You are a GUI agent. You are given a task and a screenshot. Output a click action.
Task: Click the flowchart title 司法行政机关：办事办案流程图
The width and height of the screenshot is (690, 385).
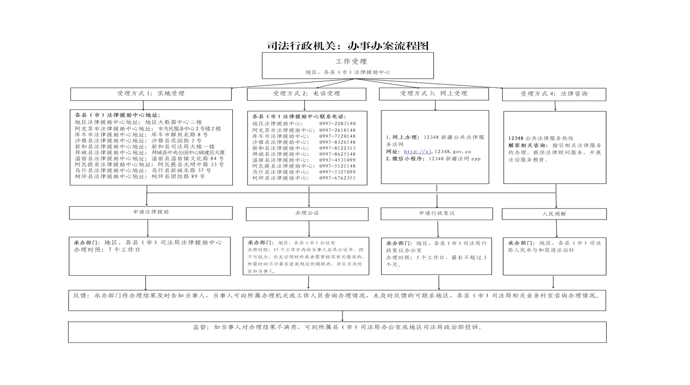pyautogui.click(x=348, y=46)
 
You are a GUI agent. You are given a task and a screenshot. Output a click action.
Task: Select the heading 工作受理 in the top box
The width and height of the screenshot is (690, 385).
pyautogui.click(x=351, y=62)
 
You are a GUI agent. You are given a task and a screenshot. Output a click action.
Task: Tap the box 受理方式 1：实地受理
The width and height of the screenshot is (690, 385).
pyautogui.click(x=151, y=94)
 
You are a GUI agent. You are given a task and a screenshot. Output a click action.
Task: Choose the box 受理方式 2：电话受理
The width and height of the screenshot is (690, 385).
pyautogui.click(x=307, y=94)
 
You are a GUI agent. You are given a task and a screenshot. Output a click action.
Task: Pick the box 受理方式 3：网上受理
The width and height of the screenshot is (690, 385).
pyautogui.click(x=434, y=93)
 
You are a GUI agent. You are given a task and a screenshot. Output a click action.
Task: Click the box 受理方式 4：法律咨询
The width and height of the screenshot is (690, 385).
pyautogui.click(x=554, y=94)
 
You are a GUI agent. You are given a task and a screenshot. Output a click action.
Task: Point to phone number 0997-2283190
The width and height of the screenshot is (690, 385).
pyautogui.click(x=337, y=124)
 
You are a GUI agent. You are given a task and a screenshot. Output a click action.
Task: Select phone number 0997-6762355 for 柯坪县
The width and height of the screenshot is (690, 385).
pyautogui.click(x=337, y=178)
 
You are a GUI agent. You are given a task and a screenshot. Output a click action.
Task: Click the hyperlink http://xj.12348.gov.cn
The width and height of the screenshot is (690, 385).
pyautogui.click(x=437, y=152)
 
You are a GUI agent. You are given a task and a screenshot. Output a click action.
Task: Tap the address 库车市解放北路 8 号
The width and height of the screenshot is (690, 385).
pyautogui.click(x=180, y=135)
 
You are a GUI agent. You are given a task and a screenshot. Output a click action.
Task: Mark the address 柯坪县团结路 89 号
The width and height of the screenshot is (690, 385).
pyautogui.click(x=178, y=176)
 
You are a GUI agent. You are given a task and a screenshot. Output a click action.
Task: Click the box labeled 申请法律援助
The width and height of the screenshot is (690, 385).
pyautogui.click(x=151, y=213)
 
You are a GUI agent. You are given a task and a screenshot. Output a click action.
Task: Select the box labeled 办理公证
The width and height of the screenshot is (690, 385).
pyautogui.click(x=307, y=214)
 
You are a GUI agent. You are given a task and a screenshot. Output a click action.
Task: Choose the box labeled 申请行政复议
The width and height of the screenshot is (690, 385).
pyautogui.click(x=437, y=214)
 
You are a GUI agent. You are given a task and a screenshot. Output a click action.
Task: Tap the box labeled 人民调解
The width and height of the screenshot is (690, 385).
pyautogui.click(x=554, y=214)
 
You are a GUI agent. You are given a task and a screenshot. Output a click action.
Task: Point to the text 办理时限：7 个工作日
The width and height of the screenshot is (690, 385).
pyautogui.click(x=107, y=250)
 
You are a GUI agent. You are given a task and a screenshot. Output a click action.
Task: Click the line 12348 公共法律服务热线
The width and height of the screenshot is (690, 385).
pyautogui.click(x=540, y=139)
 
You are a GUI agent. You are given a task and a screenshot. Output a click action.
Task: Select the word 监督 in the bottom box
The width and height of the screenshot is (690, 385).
pyautogui.click(x=200, y=327)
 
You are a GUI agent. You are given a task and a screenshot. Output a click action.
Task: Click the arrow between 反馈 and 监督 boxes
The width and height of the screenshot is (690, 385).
pyautogui.click(x=342, y=316)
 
